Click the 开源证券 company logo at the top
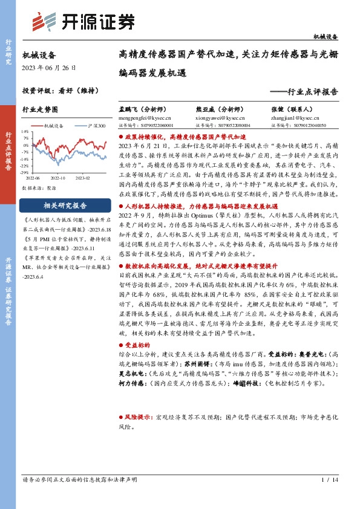(x=83, y=22)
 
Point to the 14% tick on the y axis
(x=25, y=131)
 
